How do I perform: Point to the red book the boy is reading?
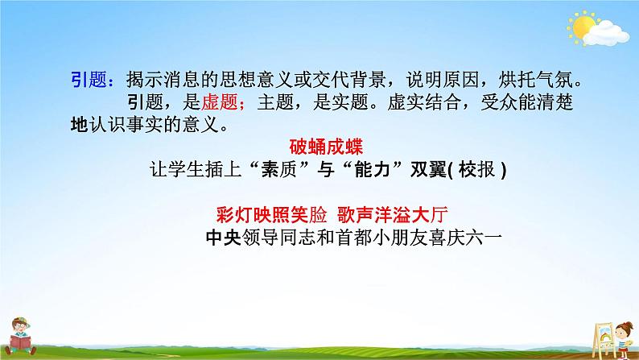(x=23, y=343)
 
